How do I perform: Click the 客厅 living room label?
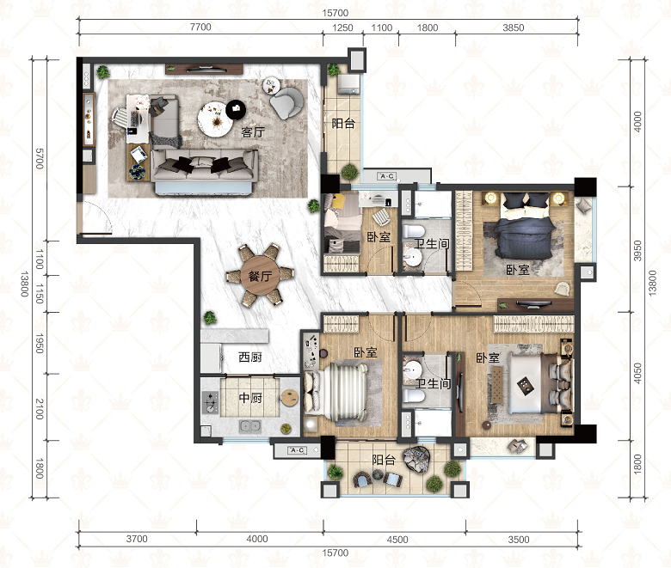pyautogui.click(x=252, y=132)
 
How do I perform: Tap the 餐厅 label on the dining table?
pyautogui.click(x=260, y=276)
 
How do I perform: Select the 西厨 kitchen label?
pyautogui.click(x=250, y=357)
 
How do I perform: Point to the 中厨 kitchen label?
pyautogui.click(x=250, y=398)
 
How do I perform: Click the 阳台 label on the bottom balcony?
pyautogui.click(x=384, y=460)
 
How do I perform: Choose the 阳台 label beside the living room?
pyautogui.click(x=343, y=124)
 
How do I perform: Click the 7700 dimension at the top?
pyautogui.click(x=200, y=27)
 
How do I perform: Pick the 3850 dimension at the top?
pyautogui.click(x=513, y=27)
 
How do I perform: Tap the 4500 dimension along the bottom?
pyautogui.click(x=397, y=540)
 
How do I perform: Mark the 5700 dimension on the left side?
pyautogui.click(x=40, y=159)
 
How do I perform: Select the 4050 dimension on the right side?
pyautogui.click(x=637, y=373)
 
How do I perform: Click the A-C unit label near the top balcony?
pyautogui.click(x=386, y=176)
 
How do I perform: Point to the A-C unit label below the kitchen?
pyautogui.click(x=297, y=450)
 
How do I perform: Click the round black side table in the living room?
pyautogui.click(x=236, y=110)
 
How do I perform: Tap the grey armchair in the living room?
pyautogui.click(x=286, y=103)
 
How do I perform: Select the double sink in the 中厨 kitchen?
pyautogui.click(x=249, y=425)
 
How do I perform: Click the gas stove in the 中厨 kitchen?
pyautogui.click(x=210, y=402)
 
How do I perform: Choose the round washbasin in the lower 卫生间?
pyautogui.click(x=413, y=368)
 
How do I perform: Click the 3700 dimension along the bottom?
pyautogui.click(x=137, y=539)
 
